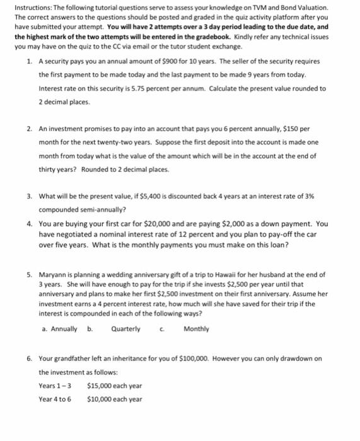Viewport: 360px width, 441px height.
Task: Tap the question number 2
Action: pos(30,128)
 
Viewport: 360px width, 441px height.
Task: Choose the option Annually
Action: pos(64,329)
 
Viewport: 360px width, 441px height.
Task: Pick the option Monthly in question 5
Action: pos(196,329)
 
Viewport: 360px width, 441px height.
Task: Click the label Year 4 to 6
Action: pos(55,399)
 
